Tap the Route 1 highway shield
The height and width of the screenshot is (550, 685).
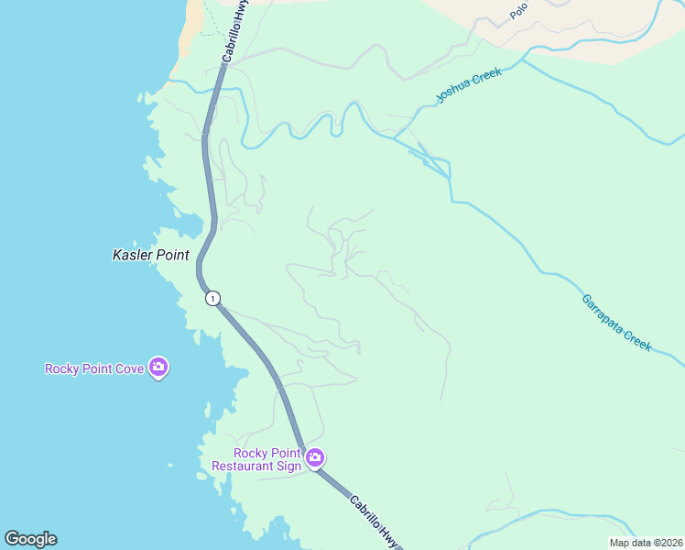[x=212, y=298]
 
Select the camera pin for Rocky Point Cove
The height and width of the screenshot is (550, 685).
[x=158, y=368]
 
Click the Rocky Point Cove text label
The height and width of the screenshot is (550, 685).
[x=94, y=369]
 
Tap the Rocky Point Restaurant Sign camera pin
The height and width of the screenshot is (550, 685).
[x=315, y=457]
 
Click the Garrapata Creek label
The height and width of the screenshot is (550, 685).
[x=615, y=323]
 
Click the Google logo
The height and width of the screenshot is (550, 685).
[x=30, y=539]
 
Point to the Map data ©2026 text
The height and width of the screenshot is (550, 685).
[x=646, y=543]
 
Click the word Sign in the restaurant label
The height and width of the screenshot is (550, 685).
[x=288, y=467]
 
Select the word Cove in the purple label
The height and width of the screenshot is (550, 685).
[x=129, y=369]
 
